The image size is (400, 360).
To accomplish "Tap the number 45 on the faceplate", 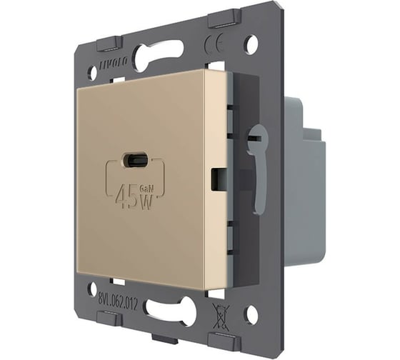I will pos(126,194).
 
